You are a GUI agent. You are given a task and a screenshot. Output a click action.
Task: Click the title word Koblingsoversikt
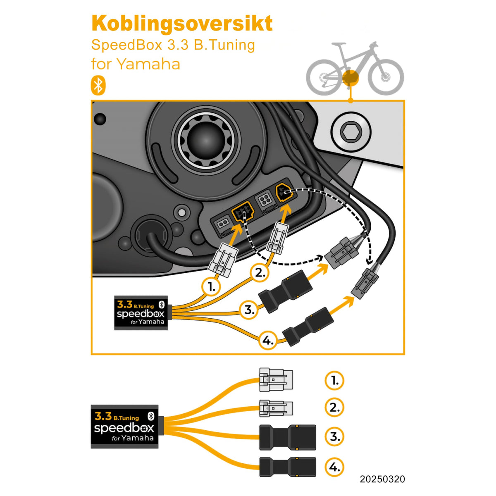tap(182, 24)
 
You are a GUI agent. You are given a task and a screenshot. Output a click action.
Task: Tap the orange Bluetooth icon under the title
tap(98, 86)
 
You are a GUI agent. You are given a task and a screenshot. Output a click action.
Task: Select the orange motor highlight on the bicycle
tap(350, 77)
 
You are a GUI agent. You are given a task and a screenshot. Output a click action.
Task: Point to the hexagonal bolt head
tap(351, 133)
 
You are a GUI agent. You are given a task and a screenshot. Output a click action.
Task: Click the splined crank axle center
tap(206, 138)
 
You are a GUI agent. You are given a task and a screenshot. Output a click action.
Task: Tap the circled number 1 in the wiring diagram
tap(211, 286)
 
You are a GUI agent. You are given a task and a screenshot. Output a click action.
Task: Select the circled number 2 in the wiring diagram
tap(260, 272)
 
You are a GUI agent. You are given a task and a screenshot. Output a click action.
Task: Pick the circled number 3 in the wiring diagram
tap(249, 310)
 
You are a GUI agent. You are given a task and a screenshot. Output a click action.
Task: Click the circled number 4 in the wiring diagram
tap(268, 341)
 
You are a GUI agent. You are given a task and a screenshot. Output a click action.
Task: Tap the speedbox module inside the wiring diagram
tap(141, 313)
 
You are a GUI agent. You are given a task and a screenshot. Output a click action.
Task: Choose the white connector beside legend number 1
tap(276, 380)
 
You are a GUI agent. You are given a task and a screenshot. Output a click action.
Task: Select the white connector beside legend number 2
tap(276, 408)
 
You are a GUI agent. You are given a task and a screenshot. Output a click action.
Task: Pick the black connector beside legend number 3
tap(287, 437)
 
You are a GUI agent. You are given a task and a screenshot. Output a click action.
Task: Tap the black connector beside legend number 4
tap(287, 467)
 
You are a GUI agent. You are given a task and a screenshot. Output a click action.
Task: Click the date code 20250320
tap(382, 479)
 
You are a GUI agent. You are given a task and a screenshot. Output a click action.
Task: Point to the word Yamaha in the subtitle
tap(148, 64)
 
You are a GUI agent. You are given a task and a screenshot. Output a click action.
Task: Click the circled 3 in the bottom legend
tap(334, 436)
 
